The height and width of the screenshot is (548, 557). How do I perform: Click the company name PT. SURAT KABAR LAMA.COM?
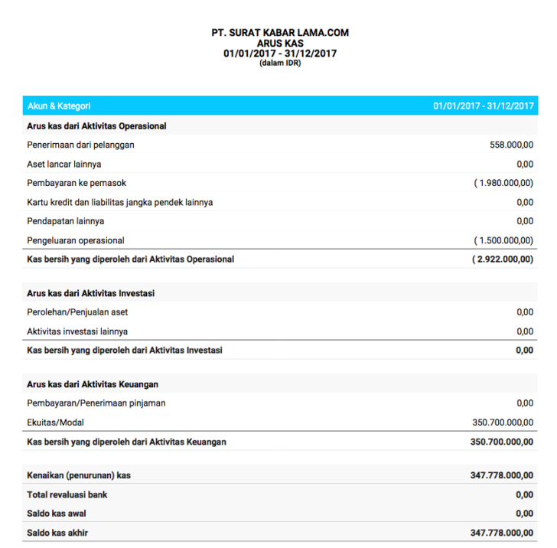[280, 33]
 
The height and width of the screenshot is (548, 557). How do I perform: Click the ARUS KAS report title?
[280, 44]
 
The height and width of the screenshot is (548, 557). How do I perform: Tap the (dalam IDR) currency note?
[280, 64]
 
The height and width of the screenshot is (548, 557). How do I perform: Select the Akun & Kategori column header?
[59, 106]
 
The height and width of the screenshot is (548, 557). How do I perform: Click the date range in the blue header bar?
[483, 106]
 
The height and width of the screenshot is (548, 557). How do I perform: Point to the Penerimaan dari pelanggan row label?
[85, 145]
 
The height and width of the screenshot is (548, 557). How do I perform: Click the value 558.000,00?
[511, 145]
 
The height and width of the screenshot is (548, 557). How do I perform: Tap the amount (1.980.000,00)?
[503, 183]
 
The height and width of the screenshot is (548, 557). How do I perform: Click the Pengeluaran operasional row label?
[76, 240]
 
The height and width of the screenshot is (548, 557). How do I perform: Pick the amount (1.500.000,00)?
[503, 240]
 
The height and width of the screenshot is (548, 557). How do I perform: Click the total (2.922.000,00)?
[503, 259]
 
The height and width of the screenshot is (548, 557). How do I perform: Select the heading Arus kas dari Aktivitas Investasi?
[93, 293]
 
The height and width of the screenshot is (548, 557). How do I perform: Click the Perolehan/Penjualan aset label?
[77, 312]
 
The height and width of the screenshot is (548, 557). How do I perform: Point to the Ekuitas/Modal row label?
[55, 422]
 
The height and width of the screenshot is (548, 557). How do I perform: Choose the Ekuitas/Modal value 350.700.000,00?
[503, 422]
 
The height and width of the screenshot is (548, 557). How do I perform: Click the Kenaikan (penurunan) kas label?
[79, 475]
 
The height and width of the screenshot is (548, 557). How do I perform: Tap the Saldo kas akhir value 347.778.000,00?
[501, 533]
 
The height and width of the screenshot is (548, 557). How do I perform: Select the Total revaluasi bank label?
[67, 494]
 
